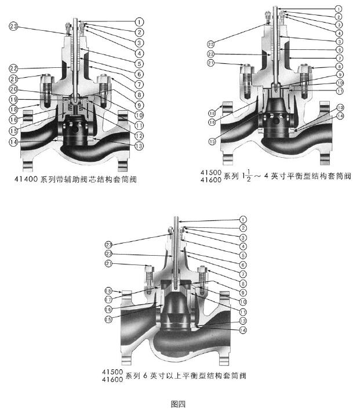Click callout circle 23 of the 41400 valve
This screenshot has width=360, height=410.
(13, 26)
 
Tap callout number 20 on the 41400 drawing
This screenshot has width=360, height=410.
(13, 89)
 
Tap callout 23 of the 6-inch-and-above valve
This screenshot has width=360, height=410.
(109, 244)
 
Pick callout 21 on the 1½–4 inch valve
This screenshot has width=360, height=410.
(210, 63)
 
